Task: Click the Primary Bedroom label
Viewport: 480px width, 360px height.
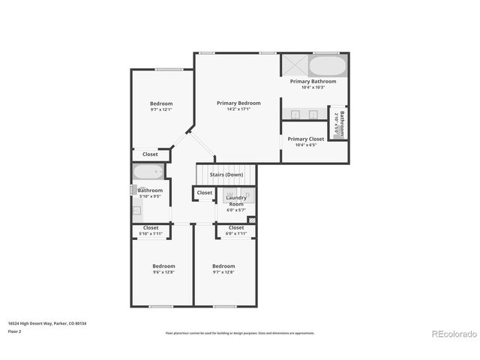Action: pos(238,103)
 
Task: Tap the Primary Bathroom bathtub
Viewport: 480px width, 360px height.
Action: pos(328,65)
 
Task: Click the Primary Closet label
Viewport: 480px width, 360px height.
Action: pos(306,139)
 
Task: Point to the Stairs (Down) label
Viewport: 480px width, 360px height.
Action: pos(226,175)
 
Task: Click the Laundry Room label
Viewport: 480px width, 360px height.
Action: pos(236,201)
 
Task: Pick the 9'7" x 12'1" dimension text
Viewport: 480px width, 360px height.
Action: pos(161,109)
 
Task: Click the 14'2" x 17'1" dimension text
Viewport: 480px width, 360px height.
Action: pos(238,109)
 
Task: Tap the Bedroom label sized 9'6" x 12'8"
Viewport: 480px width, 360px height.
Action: pos(163,266)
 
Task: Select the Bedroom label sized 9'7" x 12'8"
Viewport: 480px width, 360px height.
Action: pos(223,266)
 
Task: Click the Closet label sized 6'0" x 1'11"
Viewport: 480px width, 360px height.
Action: pos(236,227)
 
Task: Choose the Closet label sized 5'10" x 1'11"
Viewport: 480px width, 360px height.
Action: pos(151,227)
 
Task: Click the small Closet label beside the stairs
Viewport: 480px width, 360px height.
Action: pos(204,193)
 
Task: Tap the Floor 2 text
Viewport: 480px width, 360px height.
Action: pos(15,331)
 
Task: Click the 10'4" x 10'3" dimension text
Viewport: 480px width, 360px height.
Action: pos(313,87)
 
